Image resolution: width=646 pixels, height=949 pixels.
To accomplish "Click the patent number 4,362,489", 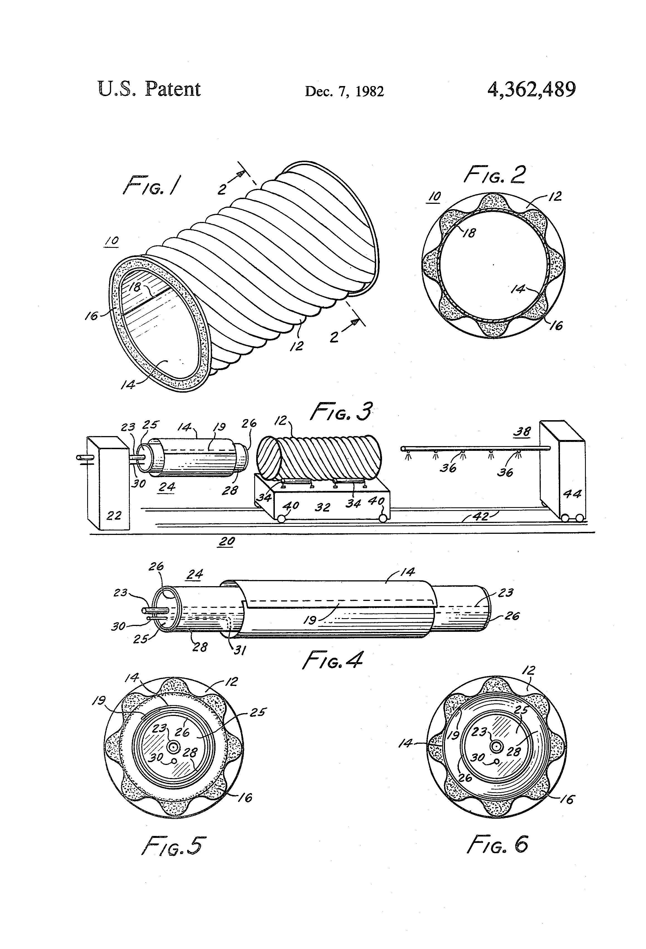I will [531, 89].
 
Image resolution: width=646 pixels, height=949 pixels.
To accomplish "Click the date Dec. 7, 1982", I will [344, 91].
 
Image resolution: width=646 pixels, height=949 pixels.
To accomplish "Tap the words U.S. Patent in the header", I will [149, 89].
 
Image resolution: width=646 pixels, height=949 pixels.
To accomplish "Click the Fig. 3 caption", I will [341, 412].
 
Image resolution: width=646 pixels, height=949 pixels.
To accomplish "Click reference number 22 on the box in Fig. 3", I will [114, 516].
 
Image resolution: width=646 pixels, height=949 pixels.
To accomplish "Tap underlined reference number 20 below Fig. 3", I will [227, 541].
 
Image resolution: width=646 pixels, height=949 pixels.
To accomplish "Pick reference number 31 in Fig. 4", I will [239, 650].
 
